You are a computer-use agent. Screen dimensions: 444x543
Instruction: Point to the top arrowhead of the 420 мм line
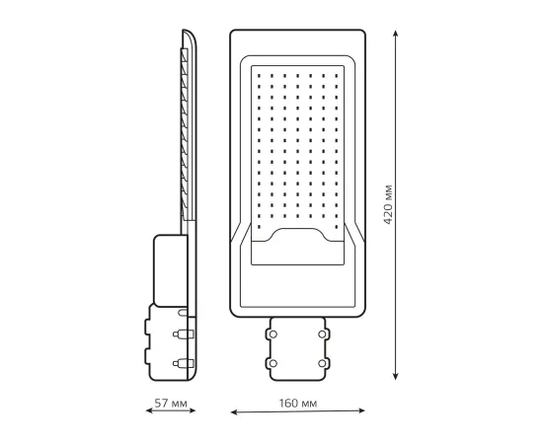pyautogui.click(x=396, y=32)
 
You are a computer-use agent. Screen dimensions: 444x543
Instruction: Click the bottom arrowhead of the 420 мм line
pyautogui.click(x=396, y=377)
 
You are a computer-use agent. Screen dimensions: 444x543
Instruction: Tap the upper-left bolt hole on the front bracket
pyautogui.click(x=271, y=333)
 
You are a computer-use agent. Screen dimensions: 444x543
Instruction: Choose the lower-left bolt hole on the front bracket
pyautogui.click(x=271, y=365)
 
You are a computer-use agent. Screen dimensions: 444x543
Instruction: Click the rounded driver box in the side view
pyautogui.click(x=170, y=266)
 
